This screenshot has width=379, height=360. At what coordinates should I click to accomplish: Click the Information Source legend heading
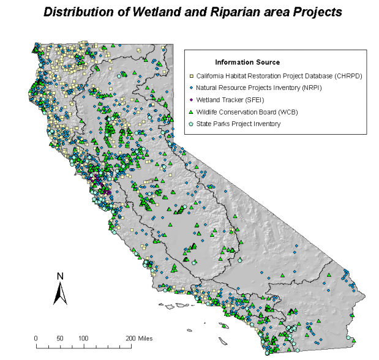click(247, 62)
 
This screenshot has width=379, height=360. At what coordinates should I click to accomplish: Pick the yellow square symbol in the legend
click(191, 75)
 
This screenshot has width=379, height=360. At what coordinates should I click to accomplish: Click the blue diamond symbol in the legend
click(191, 88)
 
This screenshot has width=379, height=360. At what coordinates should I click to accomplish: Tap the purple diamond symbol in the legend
click(191, 100)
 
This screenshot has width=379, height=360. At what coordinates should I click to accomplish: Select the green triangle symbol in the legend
click(191, 111)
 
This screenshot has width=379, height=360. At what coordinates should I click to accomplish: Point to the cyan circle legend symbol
click(191, 124)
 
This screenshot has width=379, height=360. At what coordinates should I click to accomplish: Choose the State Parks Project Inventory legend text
click(239, 124)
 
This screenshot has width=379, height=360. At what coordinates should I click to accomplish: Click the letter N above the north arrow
click(60, 276)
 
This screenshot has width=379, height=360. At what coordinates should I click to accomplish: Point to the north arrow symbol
click(60, 294)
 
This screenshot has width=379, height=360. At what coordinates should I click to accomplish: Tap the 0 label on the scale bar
click(36, 338)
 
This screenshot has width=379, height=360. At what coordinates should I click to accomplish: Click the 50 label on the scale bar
click(60, 338)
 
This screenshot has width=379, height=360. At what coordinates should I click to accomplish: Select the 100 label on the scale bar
click(83, 338)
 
